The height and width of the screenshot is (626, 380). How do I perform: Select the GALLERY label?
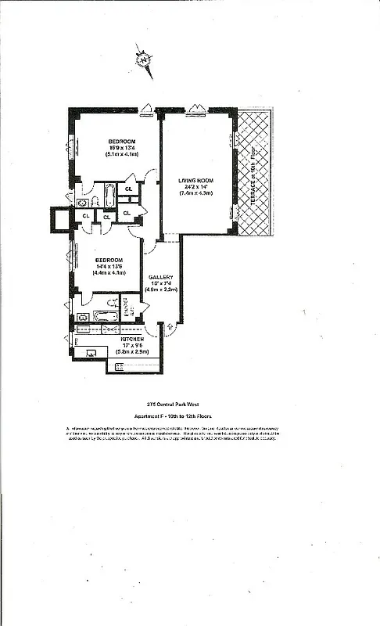click(160, 278)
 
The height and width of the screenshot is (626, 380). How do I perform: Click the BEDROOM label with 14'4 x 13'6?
click(109, 260)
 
